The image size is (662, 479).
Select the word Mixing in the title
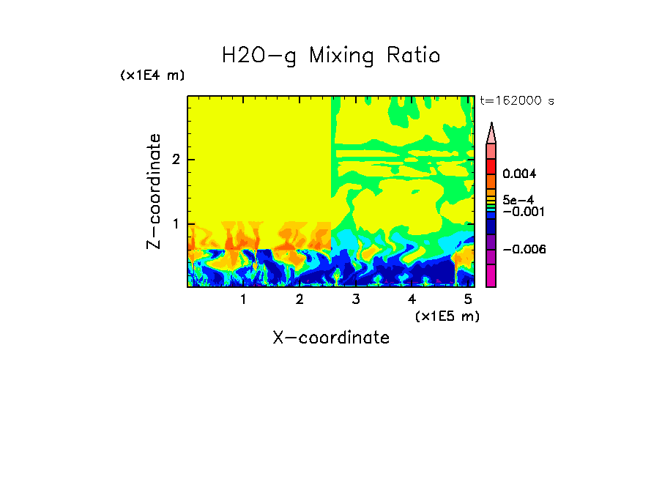pos(340,56)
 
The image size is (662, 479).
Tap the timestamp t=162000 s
pos(517,101)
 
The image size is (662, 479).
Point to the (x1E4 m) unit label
pos(152,75)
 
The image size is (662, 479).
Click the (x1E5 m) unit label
pos(447,316)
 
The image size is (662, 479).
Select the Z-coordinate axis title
pos(154,191)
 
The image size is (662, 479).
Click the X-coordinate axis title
pos(331,338)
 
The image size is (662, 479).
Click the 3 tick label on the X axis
pos(356,299)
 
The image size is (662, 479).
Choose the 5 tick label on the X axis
pos(469,299)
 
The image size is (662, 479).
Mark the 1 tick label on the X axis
pos(243,299)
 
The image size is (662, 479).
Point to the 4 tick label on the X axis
pos(412,299)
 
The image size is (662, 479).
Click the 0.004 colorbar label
pos(519,174)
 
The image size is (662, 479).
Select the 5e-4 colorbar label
pos(518,199)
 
